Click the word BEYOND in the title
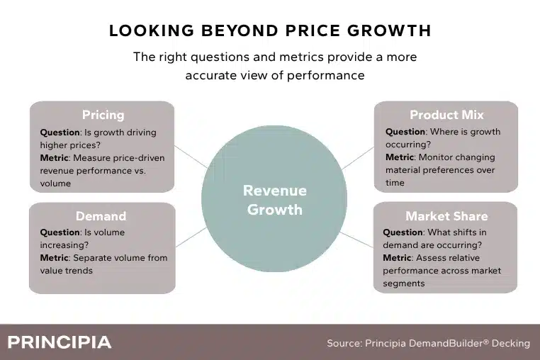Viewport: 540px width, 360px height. [x=240, y=30]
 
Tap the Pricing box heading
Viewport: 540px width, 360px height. [x=103, y=115]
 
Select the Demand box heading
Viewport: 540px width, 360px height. [x=101, y=216]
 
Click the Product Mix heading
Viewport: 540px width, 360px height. [x=446, y=115]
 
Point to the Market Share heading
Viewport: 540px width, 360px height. [x=446, y=216]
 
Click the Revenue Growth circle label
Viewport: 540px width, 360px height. [x=274, y=200]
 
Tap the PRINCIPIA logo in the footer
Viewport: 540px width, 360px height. [x=60, y=342]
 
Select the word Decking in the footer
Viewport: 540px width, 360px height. [x=511, y=344]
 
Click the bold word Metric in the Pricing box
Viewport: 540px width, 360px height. [x=54, y=158]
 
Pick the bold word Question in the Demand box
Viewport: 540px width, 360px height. [x=60, y=232]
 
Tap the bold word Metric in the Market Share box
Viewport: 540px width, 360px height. [x=397, y=258]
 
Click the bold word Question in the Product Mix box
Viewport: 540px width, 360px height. [x=405, y=132]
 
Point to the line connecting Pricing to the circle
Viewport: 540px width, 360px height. [x=191, y=157]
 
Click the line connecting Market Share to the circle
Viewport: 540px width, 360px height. [x=356, y=240]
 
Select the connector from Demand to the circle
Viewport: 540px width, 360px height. [x=191, y=237]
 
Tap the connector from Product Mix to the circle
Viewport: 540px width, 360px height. [x=358, y=158]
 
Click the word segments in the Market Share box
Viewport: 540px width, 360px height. [x=404, y=284]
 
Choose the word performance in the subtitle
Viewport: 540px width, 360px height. [x=325, y=75]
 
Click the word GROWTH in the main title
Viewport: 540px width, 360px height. [x=389, y=30]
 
